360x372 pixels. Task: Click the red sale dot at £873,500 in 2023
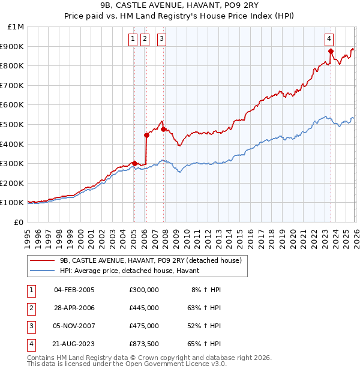(x=331, y=51)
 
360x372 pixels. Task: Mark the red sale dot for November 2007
(x=163, y=129)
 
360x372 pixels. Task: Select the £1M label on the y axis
(x=16, y=26)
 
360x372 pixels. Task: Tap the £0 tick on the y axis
(x=19, y=222)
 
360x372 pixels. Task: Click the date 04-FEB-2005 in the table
(x=74, y=290)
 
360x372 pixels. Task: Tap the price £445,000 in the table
(x=144, y=308)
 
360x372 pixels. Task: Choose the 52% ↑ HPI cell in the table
(x=206, y=326)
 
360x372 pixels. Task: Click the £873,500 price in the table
(x=144, y=344)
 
